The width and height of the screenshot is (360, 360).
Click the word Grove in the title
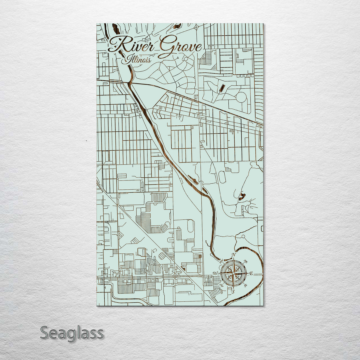pyautogui.click(x=180, y=47)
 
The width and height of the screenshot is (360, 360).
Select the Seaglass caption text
pyautogui.click(x=72, y=333)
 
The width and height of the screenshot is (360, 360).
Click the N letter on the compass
pyautogui.click(x=234, y=255)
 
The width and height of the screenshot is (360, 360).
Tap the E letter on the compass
pyautogui.click(x=251, y=274)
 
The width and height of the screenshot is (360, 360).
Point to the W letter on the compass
pyautogui.click(x=215, y=274)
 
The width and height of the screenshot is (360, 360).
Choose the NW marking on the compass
pyautogui.click(x=221, y=261)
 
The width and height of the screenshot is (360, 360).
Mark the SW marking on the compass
pyautogui.click(x=221, y=286)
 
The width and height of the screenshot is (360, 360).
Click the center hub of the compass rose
pyautogui.click(x=233, y=274)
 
